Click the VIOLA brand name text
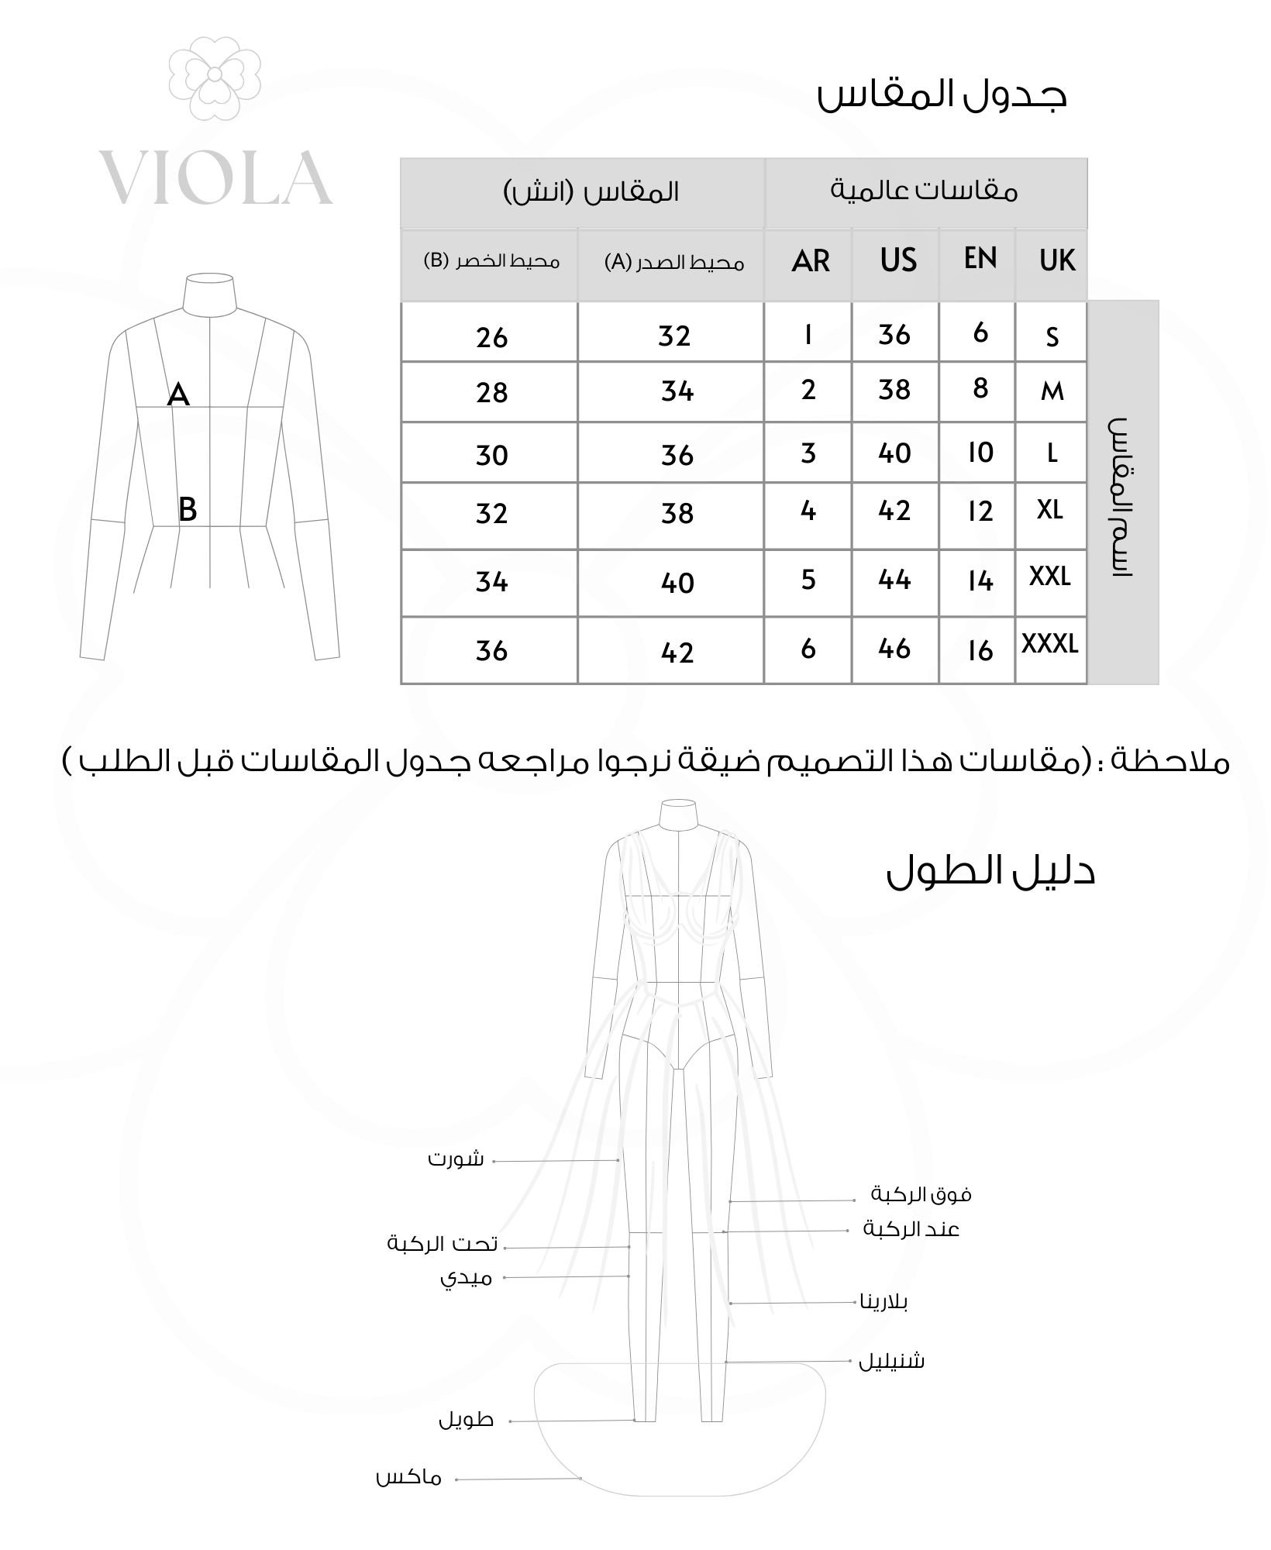pyautogui.click(x=216, y=178)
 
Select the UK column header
pyautogui.click(x=1057, y=260)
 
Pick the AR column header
pyautogui.click(x=811, y=261)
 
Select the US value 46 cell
pyautogui.click(x=894, y=649)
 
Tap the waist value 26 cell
pyautogui.click(x=492, y=338)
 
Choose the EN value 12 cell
pyautogui.click(x=980, y=512)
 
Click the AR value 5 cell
pyautogui.click(x=808, y=580)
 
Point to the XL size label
pyautogui.click(x=1049, y=510)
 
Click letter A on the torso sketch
pyautogui.click(x=178, y=395)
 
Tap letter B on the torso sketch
pyautogui.click(x=188, y=510)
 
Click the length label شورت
pyautogui.click(x=456, y=1160)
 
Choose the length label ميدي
pyautogui.click(x=467, y=1278)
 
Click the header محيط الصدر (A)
pyautogui.click(x=673, y=263)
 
